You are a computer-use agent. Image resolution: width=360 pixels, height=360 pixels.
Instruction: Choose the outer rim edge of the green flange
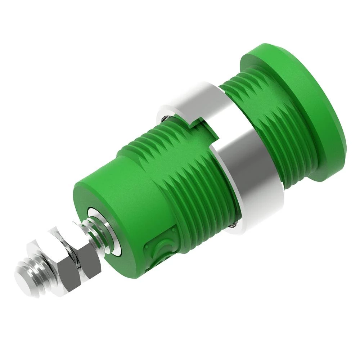coord(338,151)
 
